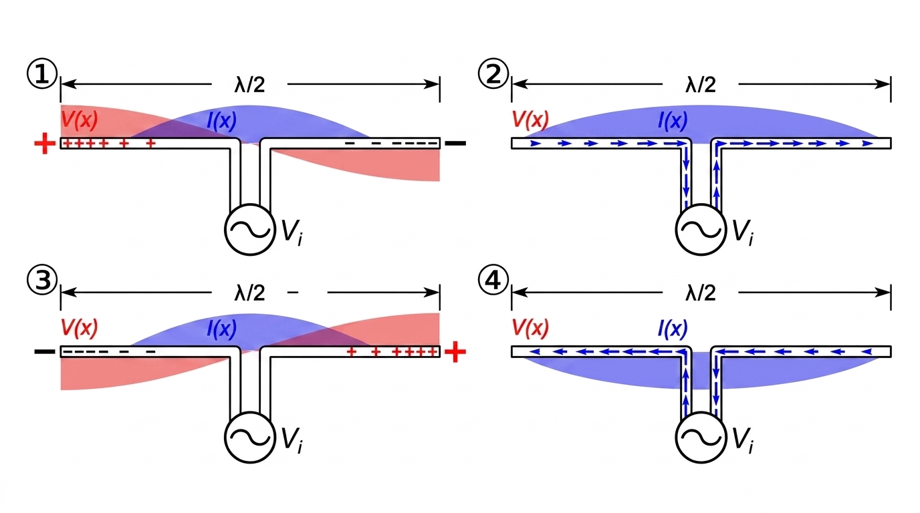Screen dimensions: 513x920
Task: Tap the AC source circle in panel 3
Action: (x=249, y=436)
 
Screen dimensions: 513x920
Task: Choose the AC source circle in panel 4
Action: (x=701, y=436)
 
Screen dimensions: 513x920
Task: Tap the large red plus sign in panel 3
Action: (x=455, y=351)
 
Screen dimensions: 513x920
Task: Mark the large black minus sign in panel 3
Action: (x=44, y=351)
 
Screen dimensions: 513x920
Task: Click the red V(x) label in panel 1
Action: (x=79, y=120)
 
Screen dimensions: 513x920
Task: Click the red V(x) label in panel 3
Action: (x=79, y=328)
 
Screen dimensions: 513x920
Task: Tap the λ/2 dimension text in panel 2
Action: (x=701, y=85)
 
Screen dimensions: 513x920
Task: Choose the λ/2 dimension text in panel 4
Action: (x=701, y=293)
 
